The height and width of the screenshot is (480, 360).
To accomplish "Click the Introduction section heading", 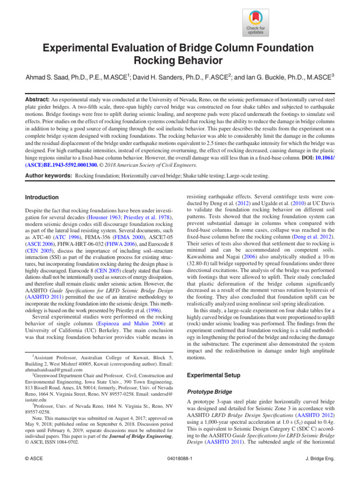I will (42, 197).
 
